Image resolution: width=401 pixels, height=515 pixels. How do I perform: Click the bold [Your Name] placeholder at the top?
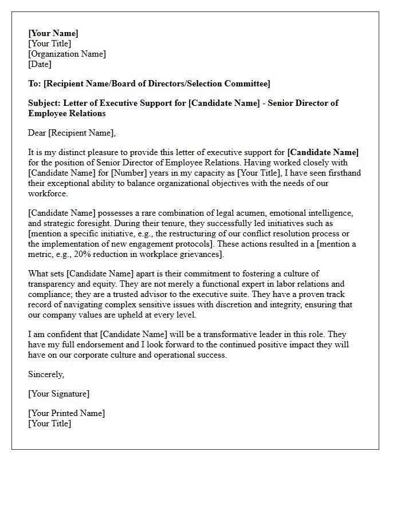coord(53,33)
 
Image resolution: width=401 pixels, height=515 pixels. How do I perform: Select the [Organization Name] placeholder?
coord(67,54)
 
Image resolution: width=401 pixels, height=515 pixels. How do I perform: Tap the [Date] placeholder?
coord(40,64)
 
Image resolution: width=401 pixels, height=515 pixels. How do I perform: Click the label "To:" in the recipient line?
coord(35,84)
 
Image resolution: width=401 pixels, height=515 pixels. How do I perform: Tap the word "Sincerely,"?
coord(46,374)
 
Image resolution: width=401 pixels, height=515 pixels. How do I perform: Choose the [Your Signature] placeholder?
coord(59,394)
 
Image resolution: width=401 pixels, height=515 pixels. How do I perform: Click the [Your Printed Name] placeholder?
coord(66,413)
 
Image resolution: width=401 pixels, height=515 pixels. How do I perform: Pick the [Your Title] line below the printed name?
coord(50,423)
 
